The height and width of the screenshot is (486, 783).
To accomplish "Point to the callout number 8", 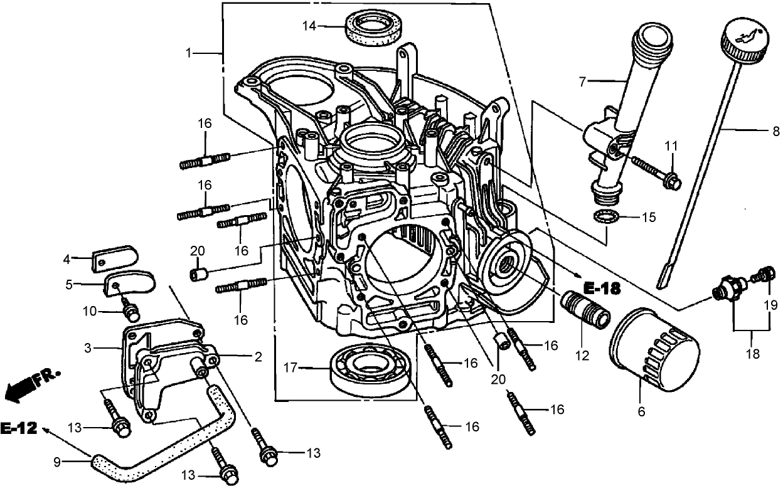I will [x=775, y=132].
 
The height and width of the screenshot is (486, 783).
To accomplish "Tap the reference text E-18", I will [x=602, y=288].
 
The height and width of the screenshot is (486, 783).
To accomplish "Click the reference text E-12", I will [x=18, y=429].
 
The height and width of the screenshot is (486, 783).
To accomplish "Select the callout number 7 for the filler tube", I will [x=582, y=81].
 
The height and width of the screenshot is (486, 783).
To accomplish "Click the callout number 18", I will [x=752, y=354].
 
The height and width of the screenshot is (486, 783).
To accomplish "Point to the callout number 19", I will [x=770, y=306].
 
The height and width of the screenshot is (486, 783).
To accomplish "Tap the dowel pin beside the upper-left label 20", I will [x=199, y=274].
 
